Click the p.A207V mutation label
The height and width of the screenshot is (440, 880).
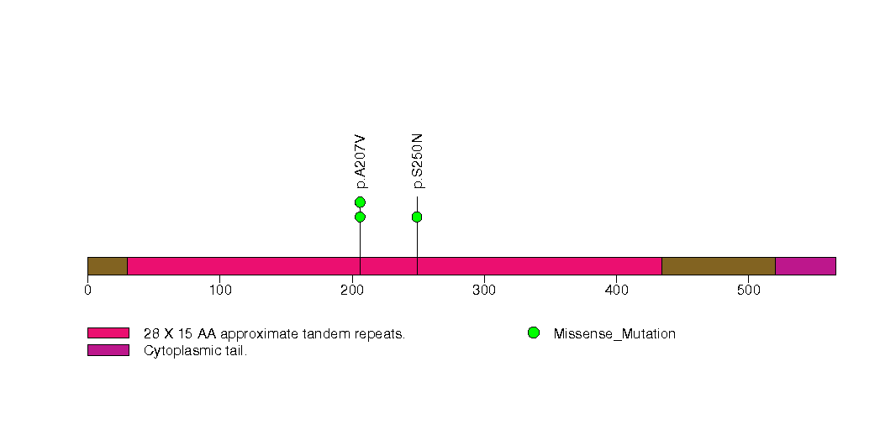pos(361,160)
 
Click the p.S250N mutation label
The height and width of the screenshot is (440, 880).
pos(418,160)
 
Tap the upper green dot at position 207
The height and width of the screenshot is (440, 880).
pos(360,202)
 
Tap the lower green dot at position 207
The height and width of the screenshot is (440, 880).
pos(360,217)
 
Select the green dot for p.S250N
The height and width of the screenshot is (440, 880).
pos(417,217)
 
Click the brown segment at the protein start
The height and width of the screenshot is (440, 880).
pos(107,266)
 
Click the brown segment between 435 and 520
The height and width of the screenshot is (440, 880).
pos(718,266)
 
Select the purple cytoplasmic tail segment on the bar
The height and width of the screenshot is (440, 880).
pos(804,266)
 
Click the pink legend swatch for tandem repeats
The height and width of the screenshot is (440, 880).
pos(108,333)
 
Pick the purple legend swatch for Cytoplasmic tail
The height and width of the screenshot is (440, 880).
pos(108,350)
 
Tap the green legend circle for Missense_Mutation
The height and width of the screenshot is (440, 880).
pos(533,333)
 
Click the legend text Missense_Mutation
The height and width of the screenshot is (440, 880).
pos(614,334)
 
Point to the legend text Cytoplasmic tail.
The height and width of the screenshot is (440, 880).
pos(195,351)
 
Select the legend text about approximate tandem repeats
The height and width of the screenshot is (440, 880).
pos(274,334)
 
